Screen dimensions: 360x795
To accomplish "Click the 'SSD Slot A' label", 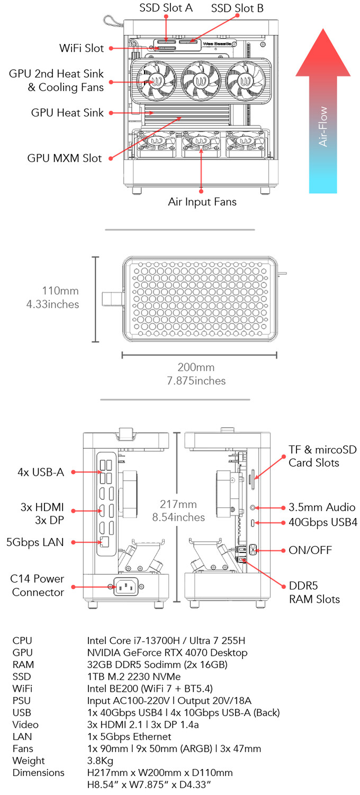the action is (166, 8).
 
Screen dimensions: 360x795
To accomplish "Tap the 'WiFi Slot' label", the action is (82, 48).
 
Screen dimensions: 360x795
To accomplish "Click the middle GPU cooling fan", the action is (201, 81).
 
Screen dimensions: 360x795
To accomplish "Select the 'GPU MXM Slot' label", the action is (64, 158).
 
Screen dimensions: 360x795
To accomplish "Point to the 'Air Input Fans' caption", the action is (202, 202).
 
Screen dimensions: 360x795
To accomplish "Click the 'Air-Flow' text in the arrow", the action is (323, 127).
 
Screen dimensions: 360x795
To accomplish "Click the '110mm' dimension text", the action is (60, 291).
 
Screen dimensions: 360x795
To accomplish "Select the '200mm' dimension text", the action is (196, 368).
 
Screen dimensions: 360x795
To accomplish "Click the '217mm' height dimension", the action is (178, 504).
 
